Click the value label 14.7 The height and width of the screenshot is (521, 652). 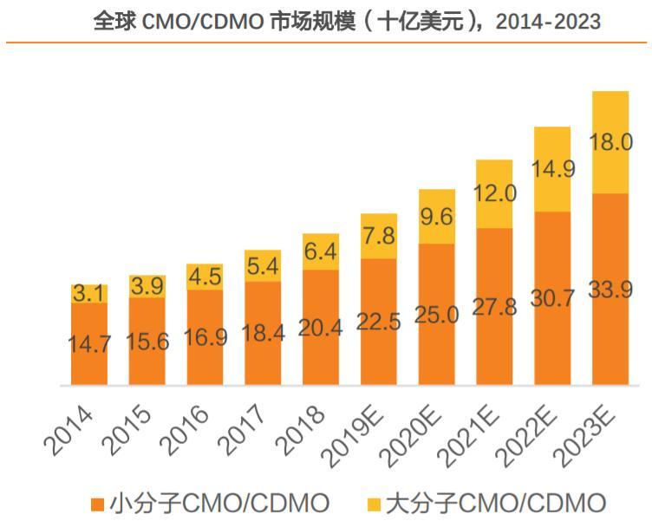click(x=89, y=343)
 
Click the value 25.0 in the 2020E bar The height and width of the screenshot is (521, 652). click(x=436, y=315)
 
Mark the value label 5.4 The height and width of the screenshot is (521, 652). click(x=263, y=266)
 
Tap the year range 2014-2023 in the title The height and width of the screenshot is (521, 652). click(x=548, y=22)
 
